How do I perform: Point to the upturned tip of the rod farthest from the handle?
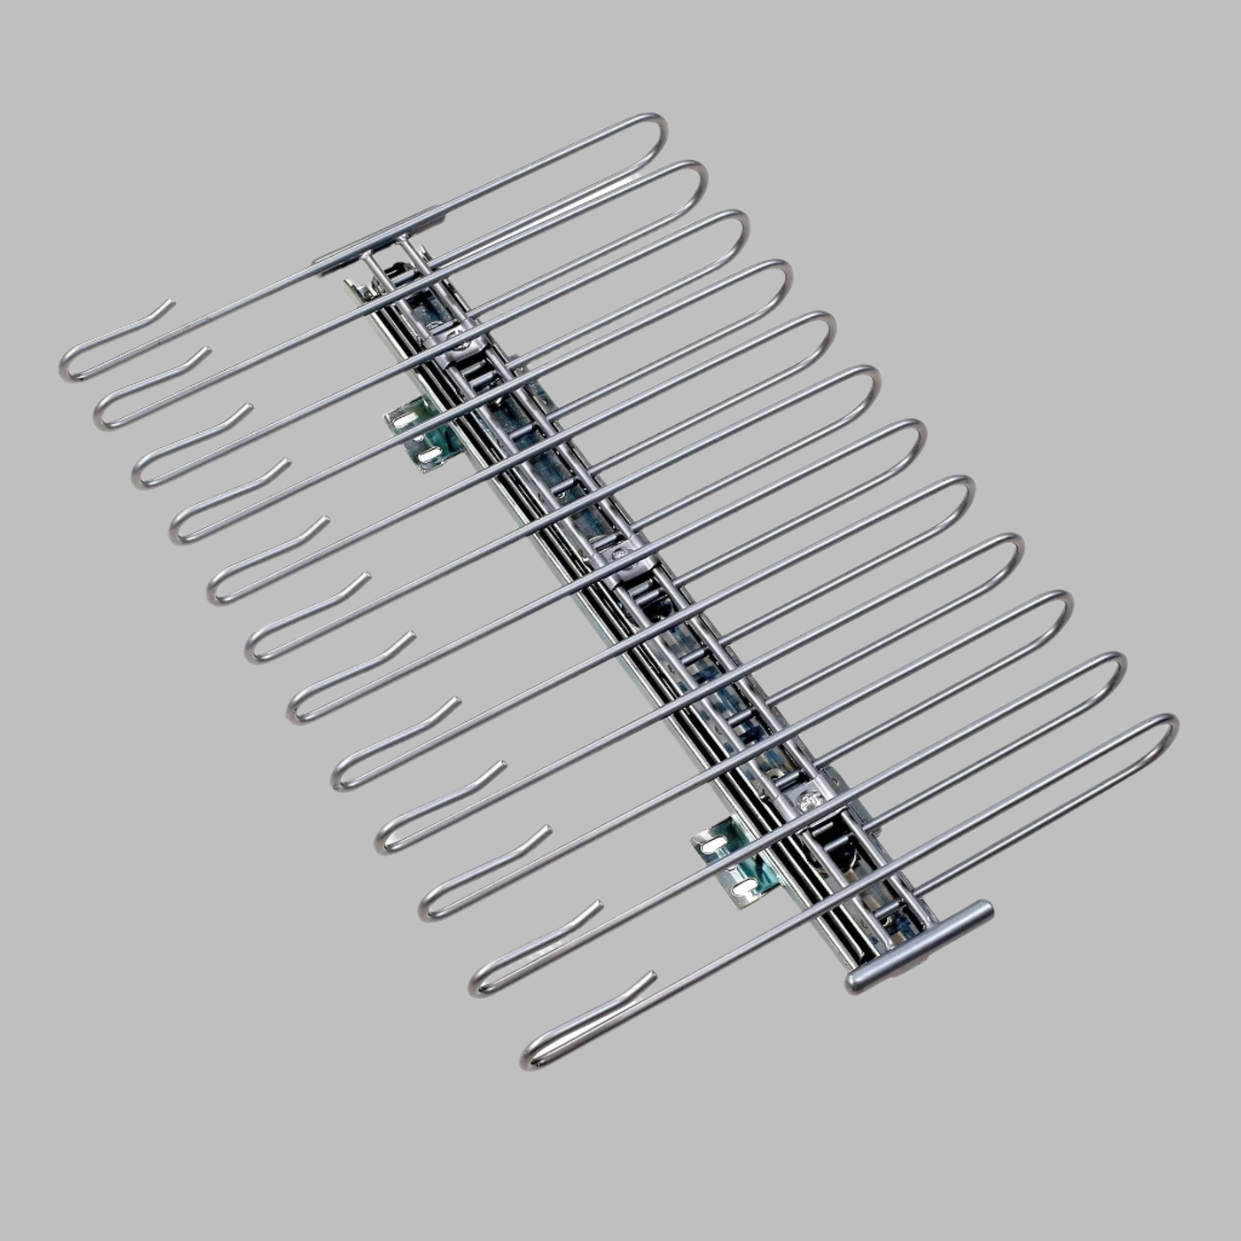tap(170, 304)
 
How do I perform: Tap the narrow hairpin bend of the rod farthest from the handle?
tap(66, 368)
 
